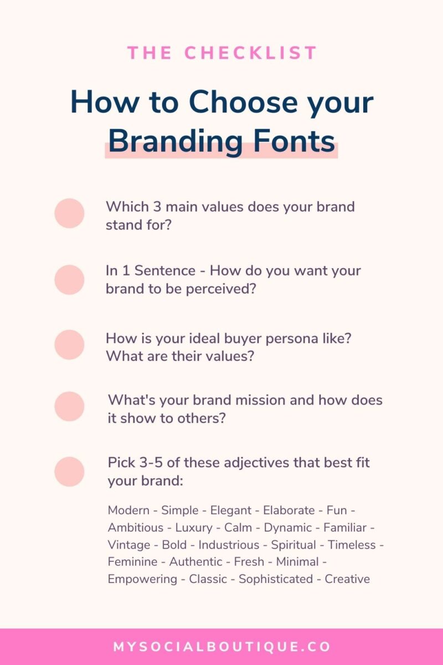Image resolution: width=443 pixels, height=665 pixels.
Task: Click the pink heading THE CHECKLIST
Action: (x=222, y=53)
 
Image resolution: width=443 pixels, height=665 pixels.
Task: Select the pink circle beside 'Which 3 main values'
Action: (x=69, y=213)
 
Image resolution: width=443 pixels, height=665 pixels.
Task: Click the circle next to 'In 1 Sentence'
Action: (x=69, y=279)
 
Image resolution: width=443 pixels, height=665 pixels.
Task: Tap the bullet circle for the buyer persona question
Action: (x=69, y=345)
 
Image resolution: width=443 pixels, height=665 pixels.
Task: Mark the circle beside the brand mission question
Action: (x=69, y=406)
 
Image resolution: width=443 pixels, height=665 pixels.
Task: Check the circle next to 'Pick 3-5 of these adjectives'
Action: (x=69, y=472)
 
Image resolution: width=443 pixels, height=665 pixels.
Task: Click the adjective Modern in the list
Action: (x=128, y=510)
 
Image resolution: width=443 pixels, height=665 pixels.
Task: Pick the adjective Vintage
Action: (x=129, y=545)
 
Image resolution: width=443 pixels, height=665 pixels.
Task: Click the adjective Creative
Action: (x=347, y=579)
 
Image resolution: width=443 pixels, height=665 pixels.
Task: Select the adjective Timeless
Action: (x=351, y=545)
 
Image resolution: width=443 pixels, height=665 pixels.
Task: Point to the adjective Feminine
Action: (x=132, y=562)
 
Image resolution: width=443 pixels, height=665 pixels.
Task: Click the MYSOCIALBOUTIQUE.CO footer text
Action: (x=222, y=647)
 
